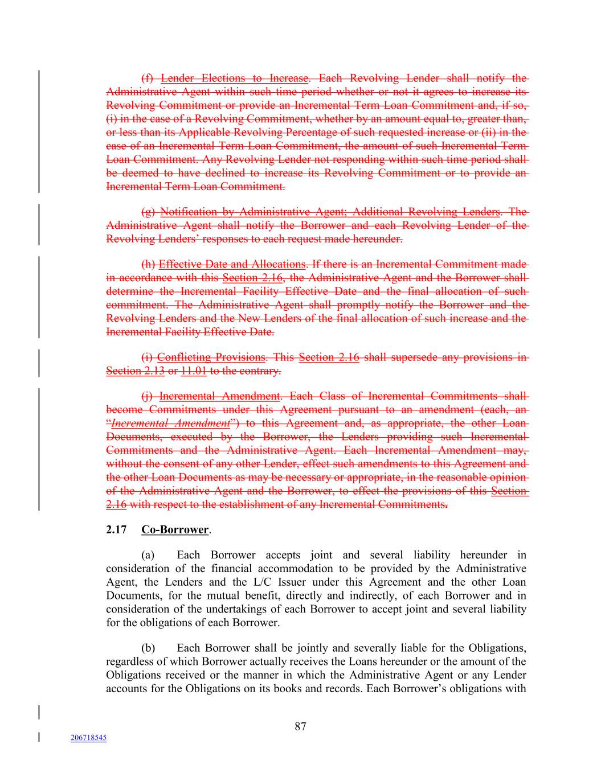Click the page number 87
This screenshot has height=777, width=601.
click(x=301, y=726)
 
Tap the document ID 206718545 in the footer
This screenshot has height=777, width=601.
click(x=88, y=738)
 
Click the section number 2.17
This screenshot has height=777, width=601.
click(x=116, y=529)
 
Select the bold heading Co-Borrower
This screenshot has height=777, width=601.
click(x=175, y=529)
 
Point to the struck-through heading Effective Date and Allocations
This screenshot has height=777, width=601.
click(x=232, y=264)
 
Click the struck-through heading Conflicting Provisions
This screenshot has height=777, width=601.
click(x=211, y=357)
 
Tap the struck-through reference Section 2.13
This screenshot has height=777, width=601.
click(x=135, y=371)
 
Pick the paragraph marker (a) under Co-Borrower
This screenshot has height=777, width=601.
click(x=148, y=555)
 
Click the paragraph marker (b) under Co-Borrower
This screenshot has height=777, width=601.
click(x=148, y=648)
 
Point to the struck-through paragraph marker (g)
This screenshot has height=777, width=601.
click(x=148, y=212)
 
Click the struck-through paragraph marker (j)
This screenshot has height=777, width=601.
click(x=148, y=396)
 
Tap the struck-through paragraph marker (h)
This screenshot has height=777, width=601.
click(x=148, y=264)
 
